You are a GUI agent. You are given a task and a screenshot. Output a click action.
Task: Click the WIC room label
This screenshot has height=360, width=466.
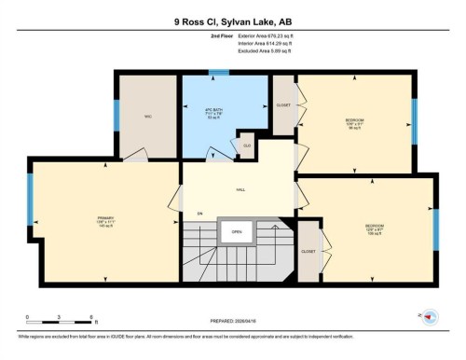point(147,117)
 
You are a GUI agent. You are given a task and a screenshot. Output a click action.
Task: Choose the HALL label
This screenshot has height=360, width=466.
point(240,189)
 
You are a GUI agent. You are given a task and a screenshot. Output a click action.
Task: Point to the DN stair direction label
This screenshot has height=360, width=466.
point(199,214)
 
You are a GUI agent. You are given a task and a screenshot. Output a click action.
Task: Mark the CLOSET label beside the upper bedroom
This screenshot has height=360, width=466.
point(282,104)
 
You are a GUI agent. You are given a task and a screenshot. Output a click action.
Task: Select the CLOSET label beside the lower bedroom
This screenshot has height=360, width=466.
point(308,251)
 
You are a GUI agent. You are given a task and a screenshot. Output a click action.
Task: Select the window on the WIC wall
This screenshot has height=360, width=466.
point(116,114)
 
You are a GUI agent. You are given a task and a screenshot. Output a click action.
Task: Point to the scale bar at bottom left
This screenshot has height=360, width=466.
point(59,323)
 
